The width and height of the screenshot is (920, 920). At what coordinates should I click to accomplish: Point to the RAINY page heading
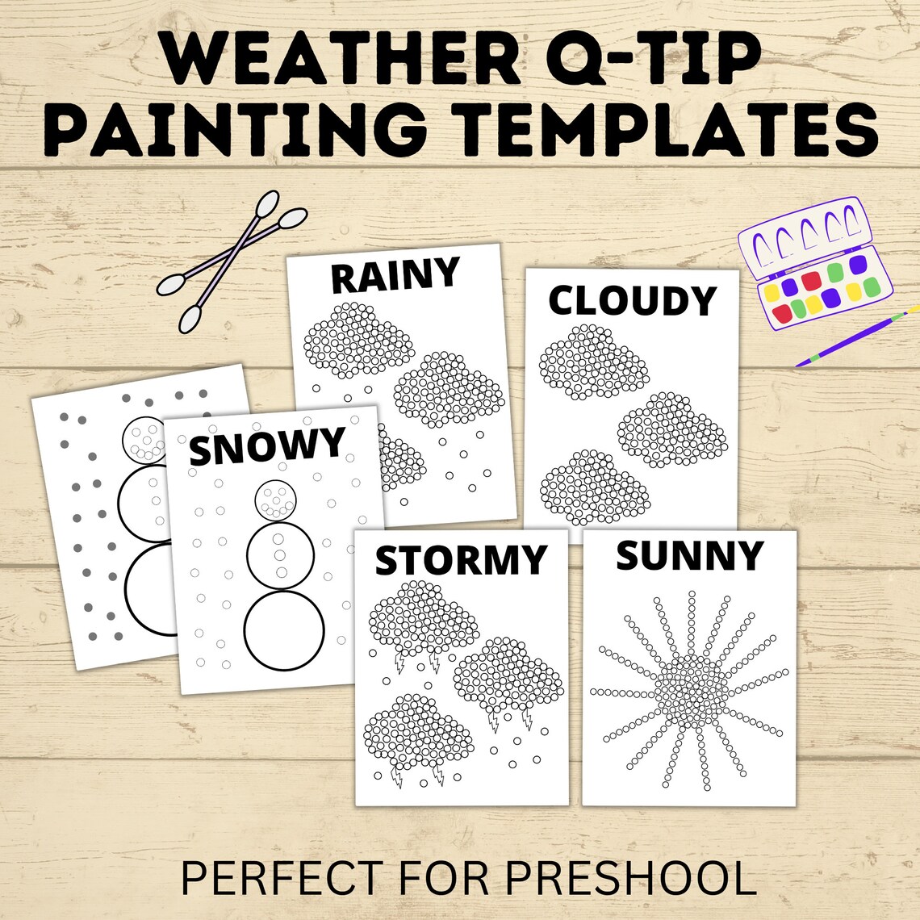(x=395, y=275)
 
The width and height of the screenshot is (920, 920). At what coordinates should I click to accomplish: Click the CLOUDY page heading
(x=632, y=300)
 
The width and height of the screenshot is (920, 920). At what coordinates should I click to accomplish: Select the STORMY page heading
(x=461, y=559)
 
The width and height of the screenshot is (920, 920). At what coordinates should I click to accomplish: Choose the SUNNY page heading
(x=689, y=555)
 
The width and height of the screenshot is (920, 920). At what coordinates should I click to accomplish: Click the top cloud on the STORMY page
(x=422, y=616)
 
